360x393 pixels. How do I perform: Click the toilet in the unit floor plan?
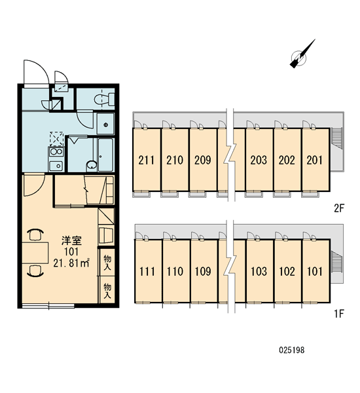coord(104,100)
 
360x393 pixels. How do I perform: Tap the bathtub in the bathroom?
coord(105,155)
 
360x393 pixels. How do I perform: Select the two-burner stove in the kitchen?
coord(56,152)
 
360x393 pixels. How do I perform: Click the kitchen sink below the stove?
coord(56,166)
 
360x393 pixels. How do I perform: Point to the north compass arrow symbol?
coord(302,54)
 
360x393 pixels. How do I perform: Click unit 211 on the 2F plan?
coord(147,160)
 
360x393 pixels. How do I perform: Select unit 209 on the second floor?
coord(203,160)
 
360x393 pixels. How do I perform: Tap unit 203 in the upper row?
coord(259,160)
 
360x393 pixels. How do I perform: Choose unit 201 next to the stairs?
coord(315,160)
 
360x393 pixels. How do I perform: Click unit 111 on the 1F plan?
coord(147,271)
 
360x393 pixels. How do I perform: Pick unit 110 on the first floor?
coord(175,271)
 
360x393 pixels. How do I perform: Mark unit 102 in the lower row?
coord(287,271)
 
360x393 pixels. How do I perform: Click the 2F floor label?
coord(340,208)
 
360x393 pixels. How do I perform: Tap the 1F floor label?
coord(340,314)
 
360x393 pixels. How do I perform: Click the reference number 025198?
coord(292,350)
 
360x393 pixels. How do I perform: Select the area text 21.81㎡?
coord(71,263)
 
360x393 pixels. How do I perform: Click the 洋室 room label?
coord(71,240)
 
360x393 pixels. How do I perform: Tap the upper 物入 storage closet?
coord(107,263)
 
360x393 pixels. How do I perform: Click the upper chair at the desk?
coord(35,235)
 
